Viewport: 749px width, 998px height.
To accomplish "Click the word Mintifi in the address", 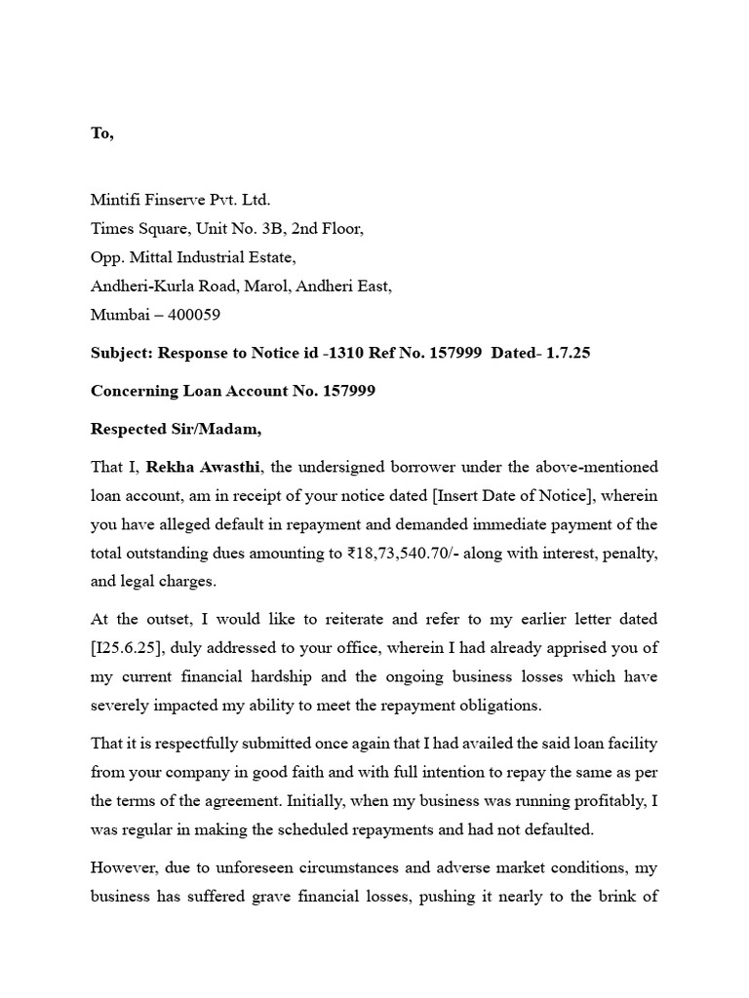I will [x=118, y=200].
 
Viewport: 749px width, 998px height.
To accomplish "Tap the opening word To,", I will [x=102, y=134].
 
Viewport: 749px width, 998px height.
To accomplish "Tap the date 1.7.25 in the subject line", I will [x=568, y=353].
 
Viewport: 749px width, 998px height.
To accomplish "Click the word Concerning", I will [x=133, y=391].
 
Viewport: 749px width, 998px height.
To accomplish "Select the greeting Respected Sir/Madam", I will [x=177, y=429].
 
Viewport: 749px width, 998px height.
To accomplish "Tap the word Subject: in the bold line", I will [x=121, y=353].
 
